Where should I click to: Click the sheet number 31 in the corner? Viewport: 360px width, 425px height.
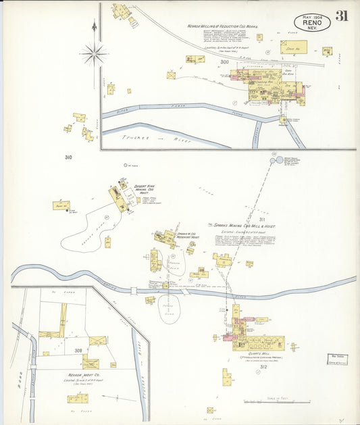pyautogui.click(x=342, y=16)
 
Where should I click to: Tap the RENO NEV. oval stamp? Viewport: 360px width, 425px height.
pyautogui.click(x=312, y=22)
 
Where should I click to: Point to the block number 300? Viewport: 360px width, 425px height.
pyautogui.click(x=224, y=63)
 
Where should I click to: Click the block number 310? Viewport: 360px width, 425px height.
pyautogui.click(x=68, y=157)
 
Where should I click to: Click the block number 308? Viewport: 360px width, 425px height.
pyautogui.click(x=78, y=351)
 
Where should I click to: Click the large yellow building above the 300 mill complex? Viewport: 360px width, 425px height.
pyautogui.click(x=293, y=47)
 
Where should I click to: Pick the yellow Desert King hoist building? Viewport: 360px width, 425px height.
pyautogui.click(x=120, y=199)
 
